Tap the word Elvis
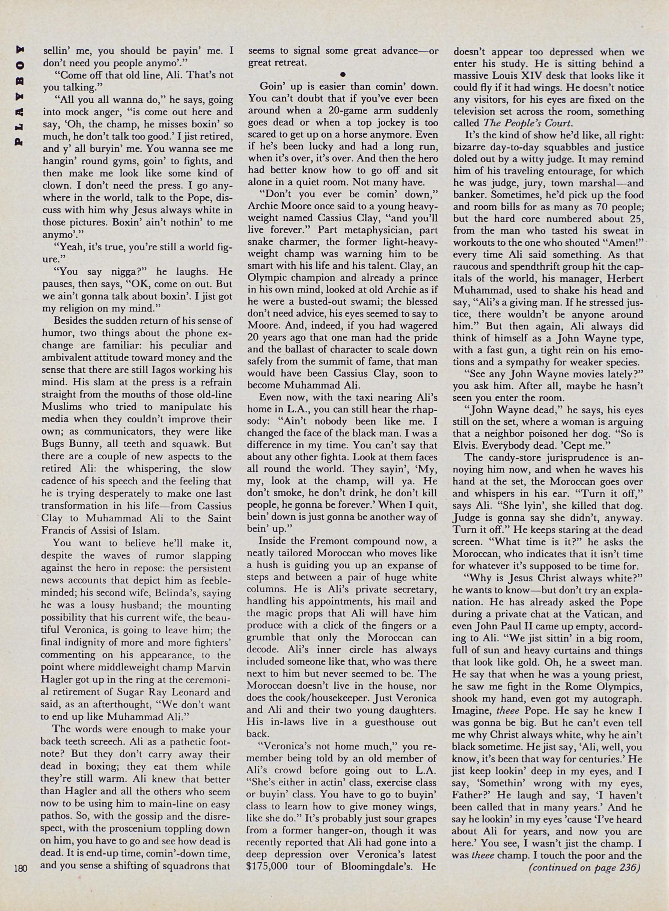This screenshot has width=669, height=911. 465,446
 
